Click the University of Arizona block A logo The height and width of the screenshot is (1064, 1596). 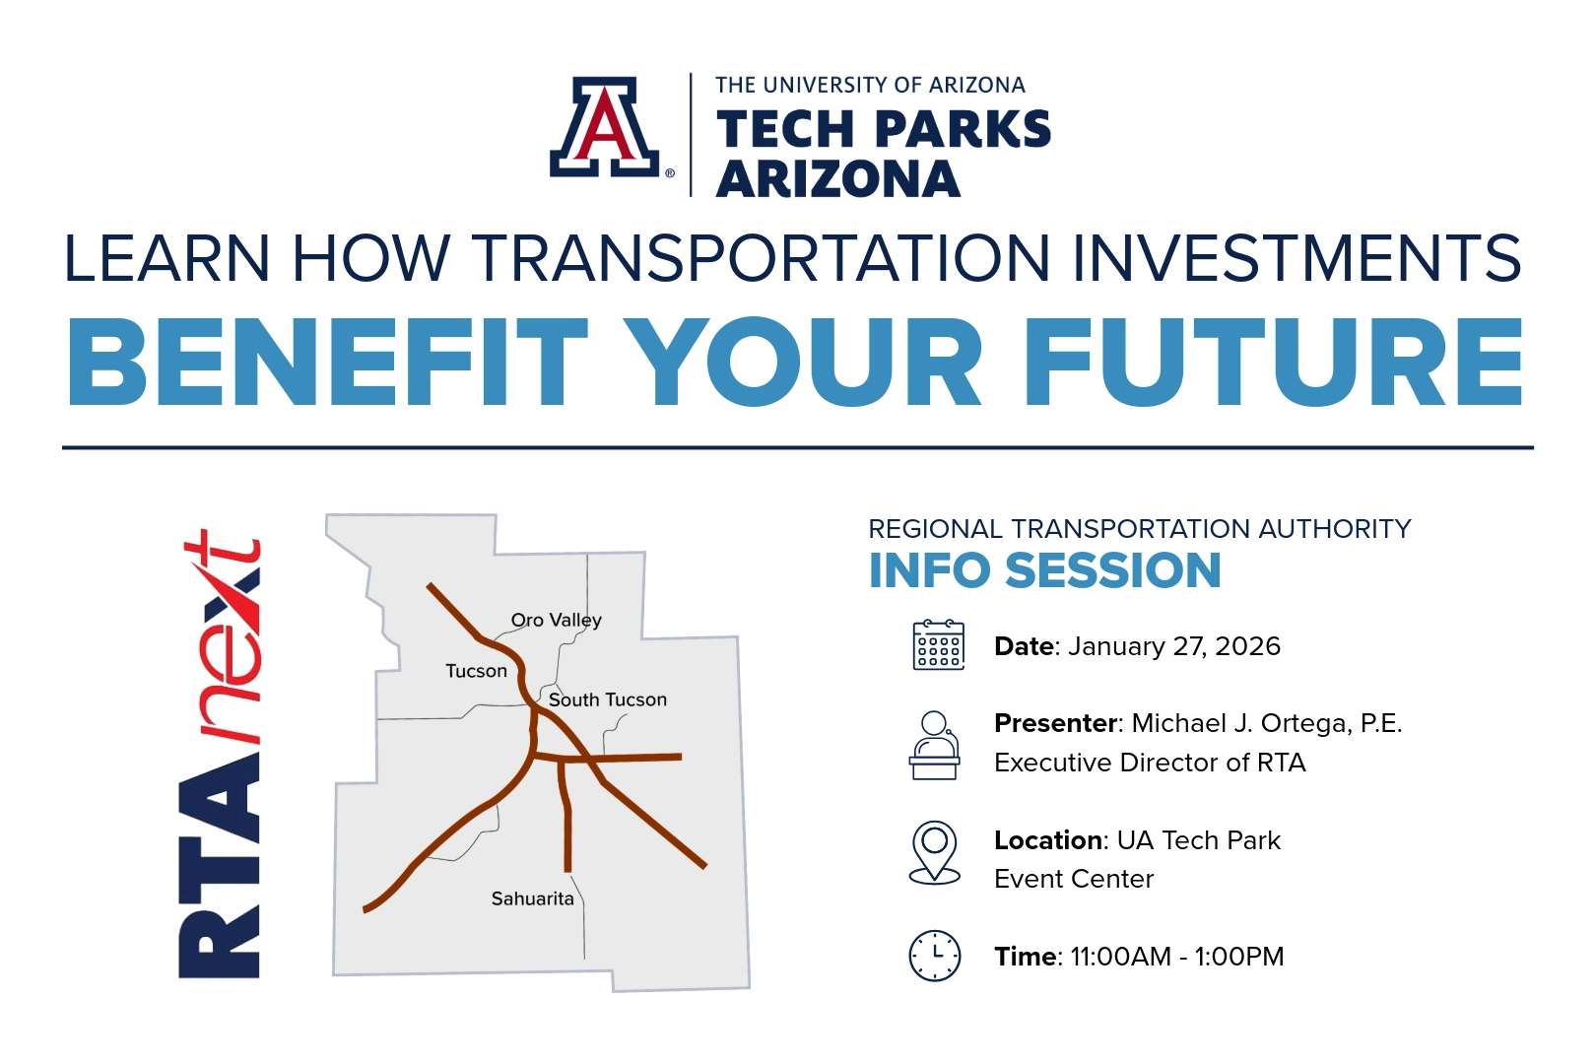tap(604, 127)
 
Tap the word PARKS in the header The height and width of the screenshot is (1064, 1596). tap(963, 129)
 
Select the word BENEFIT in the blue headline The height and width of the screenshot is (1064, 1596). tap(328, 362)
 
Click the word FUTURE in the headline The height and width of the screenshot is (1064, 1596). tap(1273, 362)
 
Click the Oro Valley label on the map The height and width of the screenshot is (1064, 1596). tap(557, 621)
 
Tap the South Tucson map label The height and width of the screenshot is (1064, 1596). tap(608, 699)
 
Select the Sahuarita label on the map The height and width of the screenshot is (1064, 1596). tap(532, 898)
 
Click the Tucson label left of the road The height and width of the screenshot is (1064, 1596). tap(476, 671)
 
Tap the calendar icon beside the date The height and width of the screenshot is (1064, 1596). tap(938, 645)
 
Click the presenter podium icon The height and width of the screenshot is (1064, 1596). tap(934, 746)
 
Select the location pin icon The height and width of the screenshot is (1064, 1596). tap(934, 852)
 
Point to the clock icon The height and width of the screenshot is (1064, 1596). tap(934, 956)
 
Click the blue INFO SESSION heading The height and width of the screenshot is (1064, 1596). tap(1044, 570)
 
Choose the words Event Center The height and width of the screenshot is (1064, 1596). tap(1074, 880)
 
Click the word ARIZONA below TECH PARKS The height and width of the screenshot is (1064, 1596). tap(837, 178)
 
